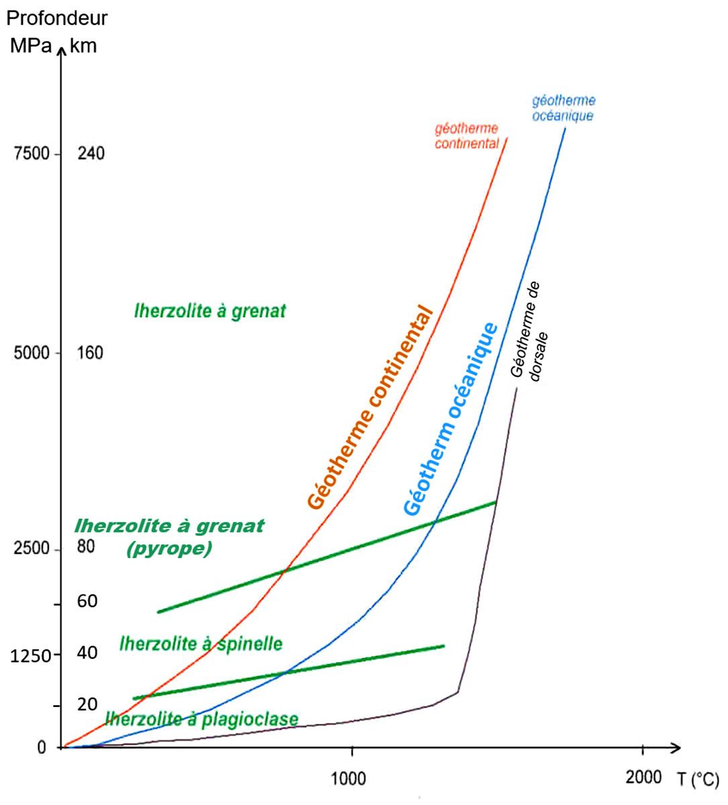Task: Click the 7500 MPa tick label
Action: [32, 154]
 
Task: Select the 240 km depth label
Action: [91, 154]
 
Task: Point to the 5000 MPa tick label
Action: [32, 353]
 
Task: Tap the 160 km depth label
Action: [91, 353]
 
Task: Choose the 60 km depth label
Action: [87, 601]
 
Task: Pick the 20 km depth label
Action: [87, 704]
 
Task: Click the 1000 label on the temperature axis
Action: [349, 779]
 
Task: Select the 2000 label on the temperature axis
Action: [643, 777]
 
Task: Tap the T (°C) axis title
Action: [698, 780]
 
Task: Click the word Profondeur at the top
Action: [57, 18]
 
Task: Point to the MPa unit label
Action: [31, 46]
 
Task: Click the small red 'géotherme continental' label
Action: [466, 136]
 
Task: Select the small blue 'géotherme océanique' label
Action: [564, 108]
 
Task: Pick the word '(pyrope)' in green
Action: [169, 549]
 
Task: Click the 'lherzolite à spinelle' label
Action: [201, 644]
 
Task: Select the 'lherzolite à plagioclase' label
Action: [201, 719]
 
